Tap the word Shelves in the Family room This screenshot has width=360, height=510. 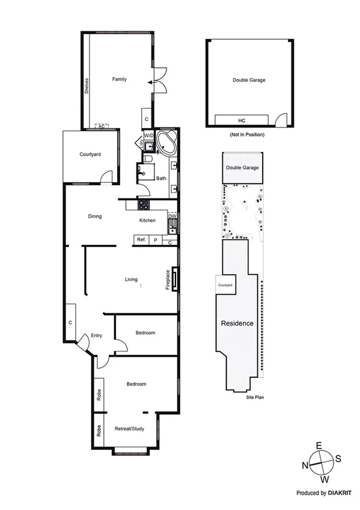click(x=87, y=87)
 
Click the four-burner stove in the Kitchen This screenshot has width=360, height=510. click(x=144, y=204)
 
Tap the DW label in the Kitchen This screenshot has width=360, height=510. click(x=171, y=216)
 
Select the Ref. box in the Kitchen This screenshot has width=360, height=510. click(x=141, y=240)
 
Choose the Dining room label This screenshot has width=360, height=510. click(x=94, y=217)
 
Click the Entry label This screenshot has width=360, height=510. click(x=97, y=337)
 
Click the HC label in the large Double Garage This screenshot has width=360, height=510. click(x=242, y=120)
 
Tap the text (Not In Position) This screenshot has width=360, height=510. click(x=247, y=134)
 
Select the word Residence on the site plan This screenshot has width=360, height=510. click(x=237, y=324)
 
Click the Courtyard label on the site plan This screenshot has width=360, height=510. click(x=225, y=285)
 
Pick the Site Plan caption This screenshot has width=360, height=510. click(x=255, y=398)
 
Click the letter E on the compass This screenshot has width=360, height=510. click(x=319, y=446)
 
